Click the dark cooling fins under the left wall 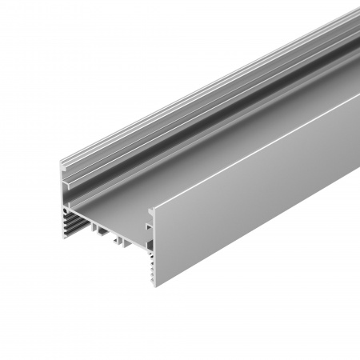[x=70, y=224]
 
